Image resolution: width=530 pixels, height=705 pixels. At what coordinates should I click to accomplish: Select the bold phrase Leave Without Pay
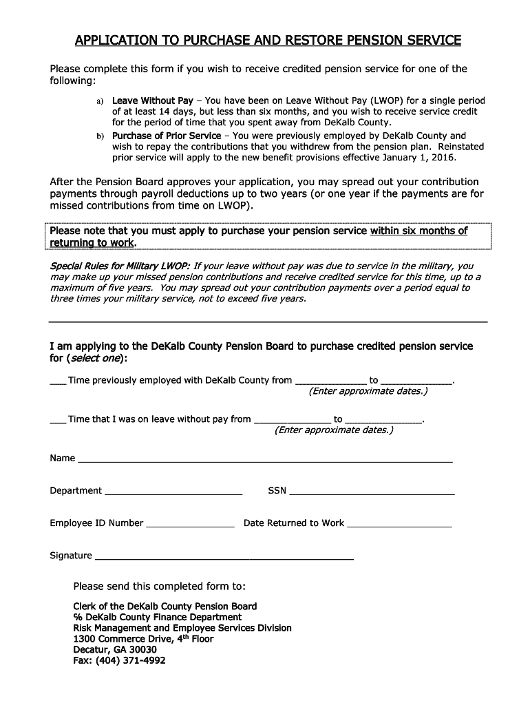click(x=153, y=100)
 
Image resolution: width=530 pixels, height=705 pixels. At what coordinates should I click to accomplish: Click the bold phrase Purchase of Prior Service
click(x=167, y=136)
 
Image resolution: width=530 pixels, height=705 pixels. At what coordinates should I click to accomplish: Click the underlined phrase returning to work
click(x=92, y=243)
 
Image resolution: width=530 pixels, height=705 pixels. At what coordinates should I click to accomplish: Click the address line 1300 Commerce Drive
click(x=143, y=639)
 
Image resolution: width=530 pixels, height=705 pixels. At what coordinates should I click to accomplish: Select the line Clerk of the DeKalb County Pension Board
click(x=165, y=607)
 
